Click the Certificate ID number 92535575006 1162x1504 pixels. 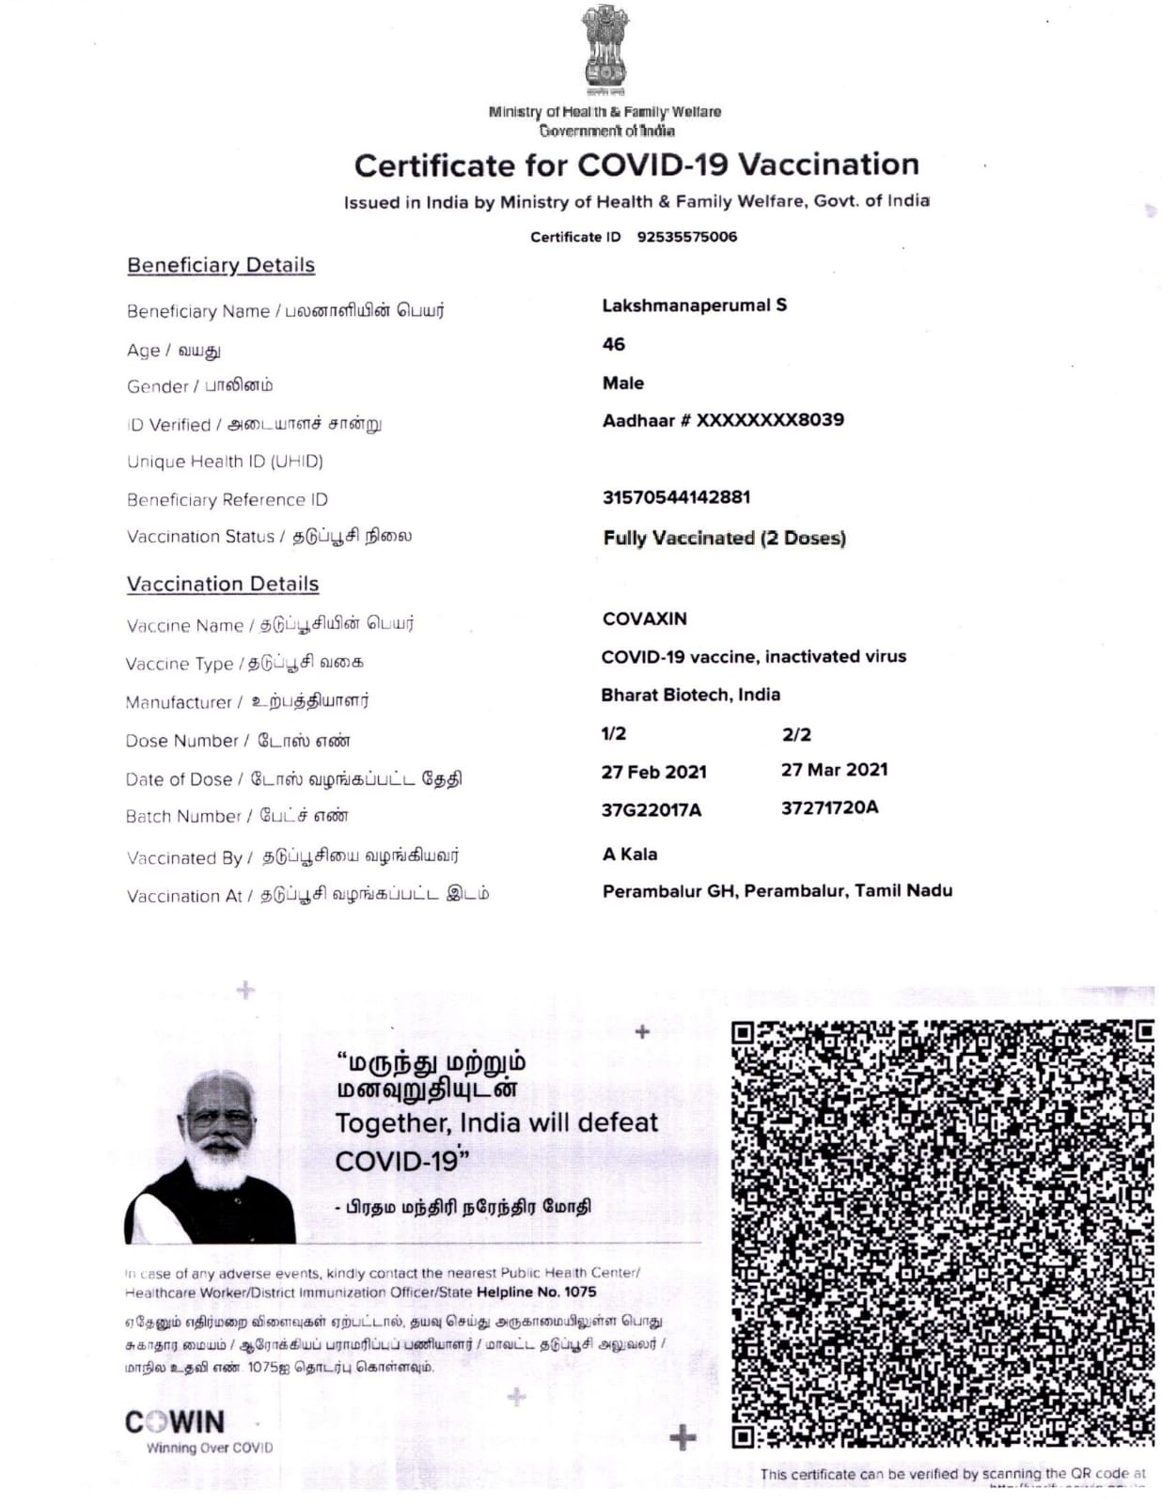click(687, 237)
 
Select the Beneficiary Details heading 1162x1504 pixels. click(221, 265)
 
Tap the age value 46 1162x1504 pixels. click(614, 345)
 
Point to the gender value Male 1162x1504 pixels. click(623, 384)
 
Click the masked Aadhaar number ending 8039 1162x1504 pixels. click(723, 420)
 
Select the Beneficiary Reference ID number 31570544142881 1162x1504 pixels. click(676, 497)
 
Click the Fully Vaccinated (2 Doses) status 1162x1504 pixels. click(724, 538)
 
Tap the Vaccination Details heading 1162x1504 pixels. click(223, 584)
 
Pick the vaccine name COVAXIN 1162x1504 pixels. click(645, 619)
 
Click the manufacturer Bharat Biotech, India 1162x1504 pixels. click(691, 695)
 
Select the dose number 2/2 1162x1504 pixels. click(796, 734)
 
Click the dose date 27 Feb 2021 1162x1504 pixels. click(654, 772)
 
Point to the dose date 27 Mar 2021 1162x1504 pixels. click(834, 770)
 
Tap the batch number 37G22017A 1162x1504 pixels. click(652, 809)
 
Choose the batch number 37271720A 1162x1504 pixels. click(830, 807)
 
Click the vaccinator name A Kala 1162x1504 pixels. click(630, 854)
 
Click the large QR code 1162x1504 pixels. click(942, 1232)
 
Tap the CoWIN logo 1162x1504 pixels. click(176, 1422)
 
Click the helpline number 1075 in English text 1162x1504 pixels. click(578, 1292)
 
